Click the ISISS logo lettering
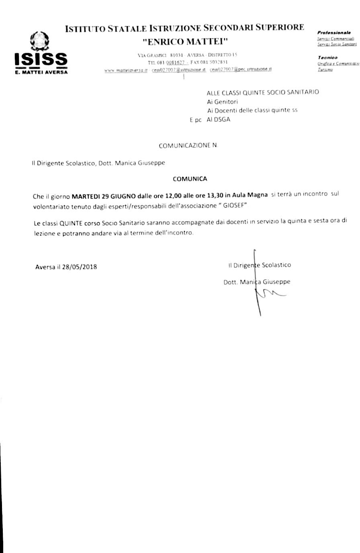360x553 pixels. click(41, 59)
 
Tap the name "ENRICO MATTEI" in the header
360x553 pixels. click(185, 41)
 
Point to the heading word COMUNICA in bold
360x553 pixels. click(190, 179)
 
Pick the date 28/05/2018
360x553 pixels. click(80, 266)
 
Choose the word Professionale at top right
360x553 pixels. click(334, 32)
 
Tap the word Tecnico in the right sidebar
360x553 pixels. click(327, 57)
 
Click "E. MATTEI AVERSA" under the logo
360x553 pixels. click(41, 72)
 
